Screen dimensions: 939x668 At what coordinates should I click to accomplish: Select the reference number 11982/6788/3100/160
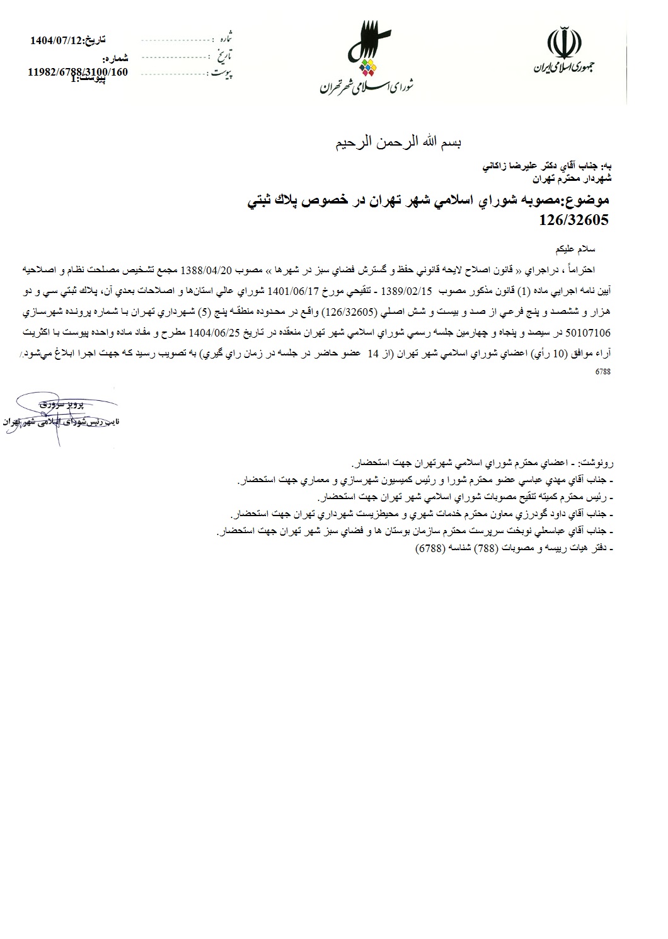78,72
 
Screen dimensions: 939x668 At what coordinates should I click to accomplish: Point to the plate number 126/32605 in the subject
574,220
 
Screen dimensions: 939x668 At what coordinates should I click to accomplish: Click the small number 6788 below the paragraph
602,372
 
